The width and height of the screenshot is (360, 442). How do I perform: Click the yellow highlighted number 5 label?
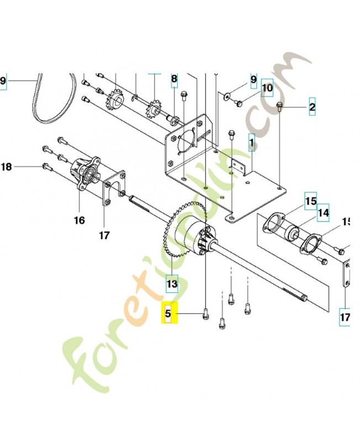tap(170, 314)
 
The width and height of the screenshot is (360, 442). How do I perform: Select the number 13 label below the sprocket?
tap(172, 284)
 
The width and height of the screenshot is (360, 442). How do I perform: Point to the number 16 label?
tap(80, 220)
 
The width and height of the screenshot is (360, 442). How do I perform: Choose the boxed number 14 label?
tap(323, 212)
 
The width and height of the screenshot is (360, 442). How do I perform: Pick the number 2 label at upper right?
tap(312, 107)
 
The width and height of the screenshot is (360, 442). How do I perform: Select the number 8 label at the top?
tap(174, 80)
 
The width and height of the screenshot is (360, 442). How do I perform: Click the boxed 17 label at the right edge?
tap(345, 317)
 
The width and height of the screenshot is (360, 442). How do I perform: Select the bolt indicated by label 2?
tap(280, 107)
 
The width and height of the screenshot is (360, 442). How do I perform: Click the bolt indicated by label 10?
tap(238, 102)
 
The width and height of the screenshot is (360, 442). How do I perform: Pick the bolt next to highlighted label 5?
tap(205, 314)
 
